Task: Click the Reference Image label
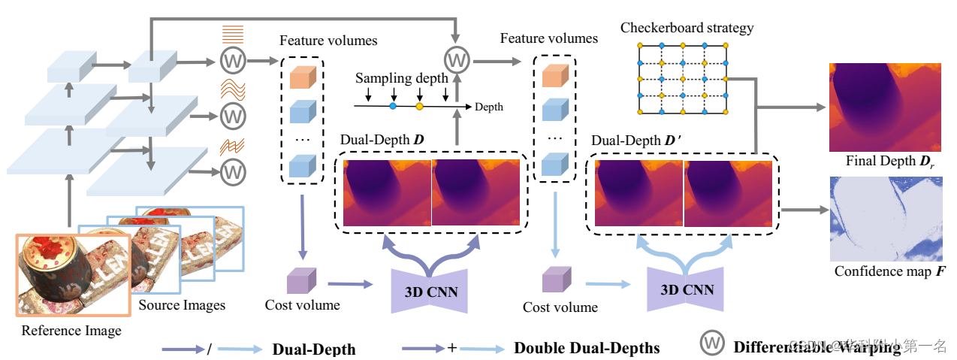tap(71, 331)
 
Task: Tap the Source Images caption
tap(183, 305)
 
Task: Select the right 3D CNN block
tap(687, 289)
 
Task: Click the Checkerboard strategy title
tap(687, 28)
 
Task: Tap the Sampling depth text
tap(402, 78)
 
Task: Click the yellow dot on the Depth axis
tap(420, 107)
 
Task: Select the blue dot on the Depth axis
tap(393, 107)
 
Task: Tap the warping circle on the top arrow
tap(457, 59)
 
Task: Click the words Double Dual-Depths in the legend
tap(587, 348)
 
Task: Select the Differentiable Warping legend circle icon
tap(713, 344)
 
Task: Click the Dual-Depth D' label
tap(628, 141)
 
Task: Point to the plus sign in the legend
tap(451, 349)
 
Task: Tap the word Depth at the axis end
tap(489, 107)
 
